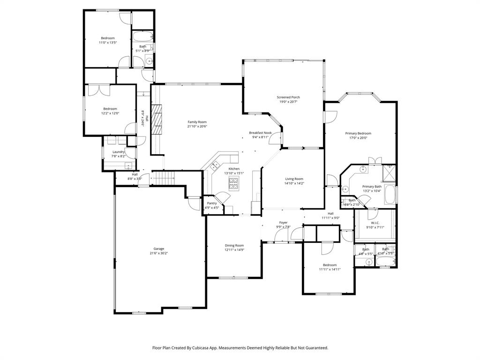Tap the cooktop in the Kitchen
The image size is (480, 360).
coord(233,186)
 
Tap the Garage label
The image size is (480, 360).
coord(158,249)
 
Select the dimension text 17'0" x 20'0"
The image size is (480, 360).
coord(358,138)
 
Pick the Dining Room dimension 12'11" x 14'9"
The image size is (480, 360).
coord(234,250)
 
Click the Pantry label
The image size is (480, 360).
coord(211,203)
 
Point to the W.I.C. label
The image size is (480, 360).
coord(375,223)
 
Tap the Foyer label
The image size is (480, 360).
coord(283,222)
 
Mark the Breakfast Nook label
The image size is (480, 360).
coord(260,133)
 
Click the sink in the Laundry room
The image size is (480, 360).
coord(128,165)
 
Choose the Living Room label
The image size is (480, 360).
coord(294,179)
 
